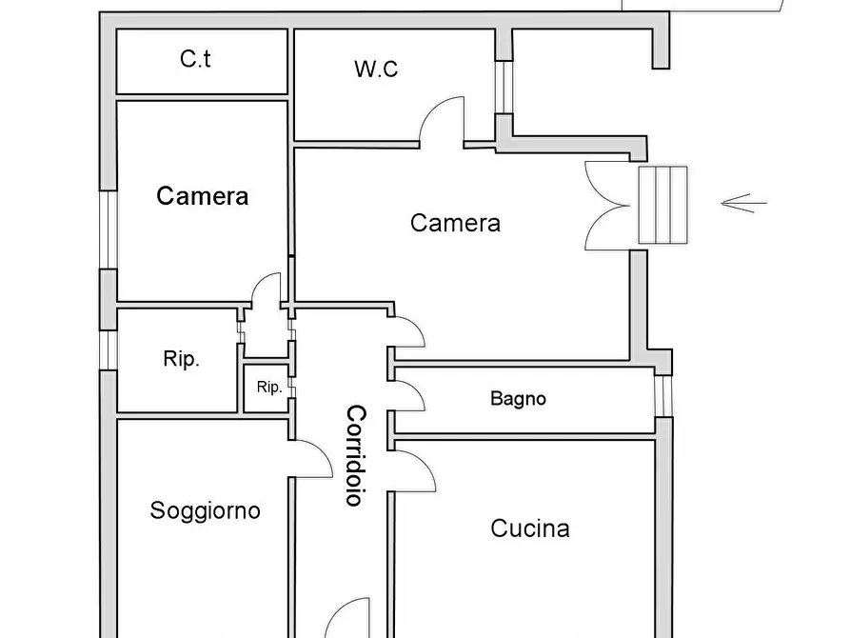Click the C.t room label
pyautogui.click(x=195, y=59)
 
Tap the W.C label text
pyautogui.click(x=375, y=70)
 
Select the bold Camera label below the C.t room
pyautogui.click(x=203, y=196)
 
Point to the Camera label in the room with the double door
pyautogui.click(x=455, y=223)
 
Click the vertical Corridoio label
pyautogui.click(x=354, y=455)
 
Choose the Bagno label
pyautogui.click(x=518, y=398)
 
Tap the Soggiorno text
pyautogui.click(x=205, y=510)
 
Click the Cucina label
pyautogui.click(x=529, y=528)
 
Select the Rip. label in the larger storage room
pyautogui.click(x=181, y=360)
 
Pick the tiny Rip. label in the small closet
pyautogui.click(x=268, y=388)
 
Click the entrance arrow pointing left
pyautogui.click(x=743, y=201)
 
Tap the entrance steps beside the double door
pyautogui.click(x=662, y=204)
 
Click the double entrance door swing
pyautogui.click(x=607, y=206)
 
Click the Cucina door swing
pyautogui.click(x=415, y=471)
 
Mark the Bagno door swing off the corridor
pyautogui.click(x=409, y=396)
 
